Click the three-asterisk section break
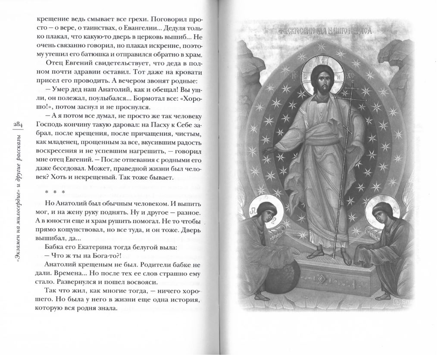click(54, 192)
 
